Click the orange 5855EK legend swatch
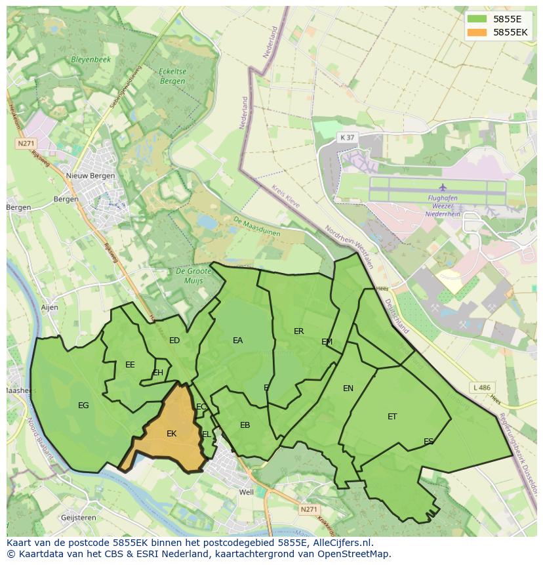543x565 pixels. point(477,32)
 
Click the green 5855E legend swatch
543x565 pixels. point(477,19)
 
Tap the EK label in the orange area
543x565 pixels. point(172,434)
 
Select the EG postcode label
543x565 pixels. point(83,406)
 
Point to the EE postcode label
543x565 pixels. point(130,365)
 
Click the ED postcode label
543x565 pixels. point(174,341)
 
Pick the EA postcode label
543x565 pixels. point(237,341)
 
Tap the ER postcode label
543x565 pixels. point(299,331)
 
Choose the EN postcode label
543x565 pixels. point(348,388)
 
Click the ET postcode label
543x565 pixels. point(392,417)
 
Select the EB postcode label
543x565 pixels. point(245,425)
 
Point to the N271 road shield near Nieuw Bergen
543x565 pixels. point(26,143)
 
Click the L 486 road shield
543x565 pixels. point(481,388)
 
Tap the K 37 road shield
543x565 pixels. point(347,137)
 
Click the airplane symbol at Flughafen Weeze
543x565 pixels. point(443,188)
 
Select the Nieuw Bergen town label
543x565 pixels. point(90,176)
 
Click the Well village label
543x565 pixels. point(247,492)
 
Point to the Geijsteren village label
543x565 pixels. point(78,518)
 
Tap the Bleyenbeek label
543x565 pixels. point(90,59)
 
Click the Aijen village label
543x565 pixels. point(49,307)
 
